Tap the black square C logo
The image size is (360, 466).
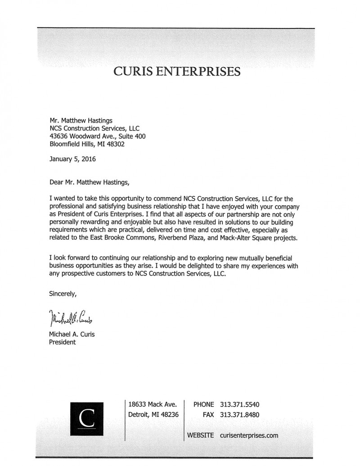(x=87, y=418)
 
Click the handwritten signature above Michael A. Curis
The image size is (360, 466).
(x=72, y=318)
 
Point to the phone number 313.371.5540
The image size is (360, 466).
(x=240, y=404)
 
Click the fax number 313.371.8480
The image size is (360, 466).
(x=240, y=415)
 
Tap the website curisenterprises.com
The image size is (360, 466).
(x=249, y=435)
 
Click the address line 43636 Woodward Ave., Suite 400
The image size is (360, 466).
(x=97, y=136)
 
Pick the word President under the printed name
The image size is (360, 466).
(x=62, y=342)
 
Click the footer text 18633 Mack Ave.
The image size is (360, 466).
(x=149, y=404)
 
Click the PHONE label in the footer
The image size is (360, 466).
(x=203, y=404)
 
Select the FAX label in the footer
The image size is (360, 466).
(x=208, y=415)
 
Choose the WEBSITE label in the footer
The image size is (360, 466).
(x=201, y=435)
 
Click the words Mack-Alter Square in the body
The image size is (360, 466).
(x=247, y=238)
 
